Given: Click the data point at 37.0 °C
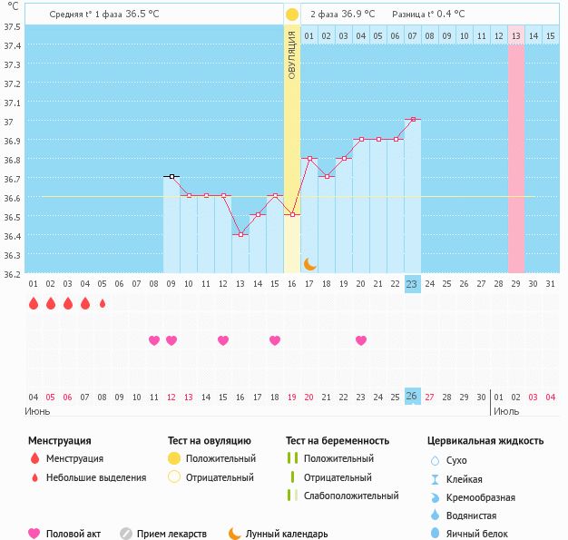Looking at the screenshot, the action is [x=413, y=119].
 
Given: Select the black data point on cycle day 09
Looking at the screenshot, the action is [x=171, y=176].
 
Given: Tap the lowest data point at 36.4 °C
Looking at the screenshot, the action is [x=240, y=234].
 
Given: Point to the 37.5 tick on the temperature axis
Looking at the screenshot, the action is [x=12, y=27].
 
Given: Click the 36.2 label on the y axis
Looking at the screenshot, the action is [x=12, y=274].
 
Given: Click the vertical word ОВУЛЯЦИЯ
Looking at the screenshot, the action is [x=291, y=55].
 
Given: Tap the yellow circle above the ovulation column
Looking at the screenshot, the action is [x=292, y=15].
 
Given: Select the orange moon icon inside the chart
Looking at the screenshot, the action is [x=309, y=264].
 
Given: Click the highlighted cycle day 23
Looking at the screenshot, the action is [x=413, y=284].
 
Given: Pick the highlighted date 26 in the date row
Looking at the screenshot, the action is [x=413, y=396].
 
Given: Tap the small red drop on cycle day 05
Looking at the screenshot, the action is [x=103, y=303].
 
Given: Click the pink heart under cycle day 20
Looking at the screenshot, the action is [x=361, y=340].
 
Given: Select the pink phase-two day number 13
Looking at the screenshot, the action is [x=516, y=36].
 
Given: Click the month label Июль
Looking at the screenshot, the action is [x=506, y=411].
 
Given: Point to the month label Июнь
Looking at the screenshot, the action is [x=37, y=411].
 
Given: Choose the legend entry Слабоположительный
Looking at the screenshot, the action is [x=351, y=496].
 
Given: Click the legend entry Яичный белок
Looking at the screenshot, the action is [x=476, y=534].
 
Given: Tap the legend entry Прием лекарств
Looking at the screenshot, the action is [x=171, y=534].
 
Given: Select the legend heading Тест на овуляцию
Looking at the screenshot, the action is [x=210, y=441].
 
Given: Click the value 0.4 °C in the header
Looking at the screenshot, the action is [x=451, y=15].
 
